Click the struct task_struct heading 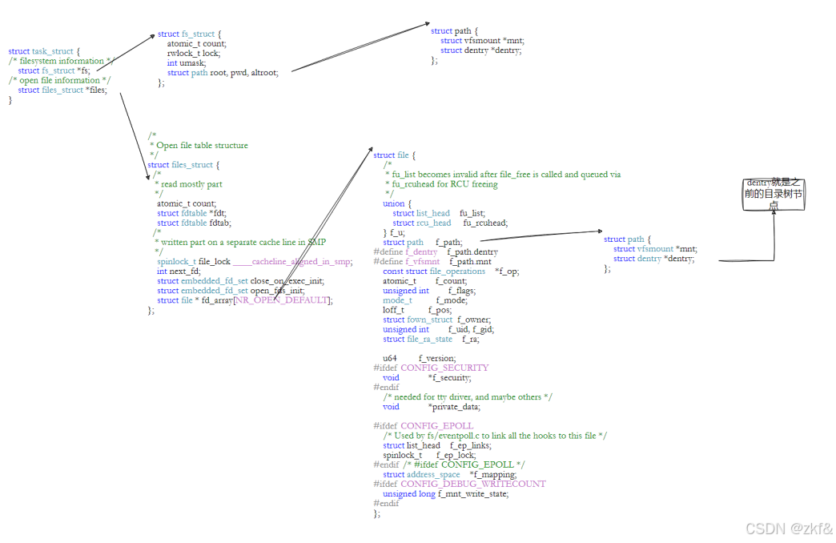click(44, 51)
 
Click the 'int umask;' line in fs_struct click(186, 62)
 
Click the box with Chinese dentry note click(773, 195)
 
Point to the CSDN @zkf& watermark click(789, 529)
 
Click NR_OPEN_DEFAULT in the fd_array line click(281, 300)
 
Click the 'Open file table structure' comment click(202, 146)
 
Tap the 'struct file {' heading click(394, 155)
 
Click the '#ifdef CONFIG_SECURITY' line click(431, 368)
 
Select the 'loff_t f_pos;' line click(417, 310)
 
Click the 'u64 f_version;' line click(419, 358)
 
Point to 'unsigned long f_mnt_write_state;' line click(445, 493)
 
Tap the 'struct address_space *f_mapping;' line click(449, 474)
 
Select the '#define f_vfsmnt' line click(436, 261)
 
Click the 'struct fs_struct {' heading click(189, 34)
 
